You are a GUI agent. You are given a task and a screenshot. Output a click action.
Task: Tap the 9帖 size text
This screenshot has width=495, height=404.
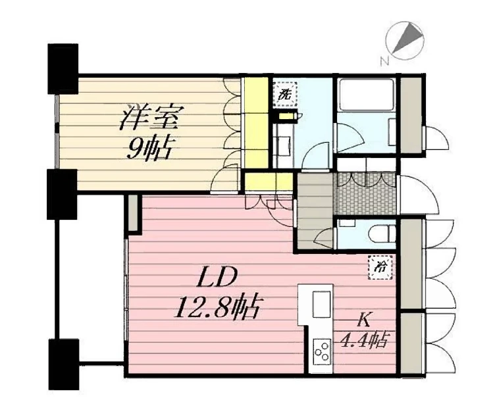click(148, 147)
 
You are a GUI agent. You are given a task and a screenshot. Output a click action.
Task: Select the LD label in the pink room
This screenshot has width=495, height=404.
click(217, 277)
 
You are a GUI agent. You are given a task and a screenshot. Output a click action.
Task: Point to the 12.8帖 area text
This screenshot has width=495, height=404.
click(217, 306)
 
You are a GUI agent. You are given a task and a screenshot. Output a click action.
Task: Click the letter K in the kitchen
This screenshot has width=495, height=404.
click(363, 320)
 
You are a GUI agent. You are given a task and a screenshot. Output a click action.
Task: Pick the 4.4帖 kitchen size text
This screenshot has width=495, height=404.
click(364, 340)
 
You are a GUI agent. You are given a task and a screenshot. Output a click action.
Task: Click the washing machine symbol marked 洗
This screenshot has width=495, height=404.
click(285, 94)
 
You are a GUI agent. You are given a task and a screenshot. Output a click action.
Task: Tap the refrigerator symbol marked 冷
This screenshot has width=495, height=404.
click(380, 267)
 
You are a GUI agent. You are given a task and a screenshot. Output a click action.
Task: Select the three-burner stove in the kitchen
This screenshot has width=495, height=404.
click(322, 352)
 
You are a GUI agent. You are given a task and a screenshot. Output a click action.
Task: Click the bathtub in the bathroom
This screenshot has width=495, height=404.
click(365, 93)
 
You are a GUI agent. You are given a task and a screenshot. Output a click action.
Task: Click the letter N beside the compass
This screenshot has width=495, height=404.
click(384, 61)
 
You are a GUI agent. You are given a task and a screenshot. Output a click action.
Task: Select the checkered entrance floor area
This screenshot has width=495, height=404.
click(365, 193)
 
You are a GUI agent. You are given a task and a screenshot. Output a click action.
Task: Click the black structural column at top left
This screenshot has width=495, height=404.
click(63, 68)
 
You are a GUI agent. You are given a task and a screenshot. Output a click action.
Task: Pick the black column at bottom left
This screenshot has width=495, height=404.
click(63, 365)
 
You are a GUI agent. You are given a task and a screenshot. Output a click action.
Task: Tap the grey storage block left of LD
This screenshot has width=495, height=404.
click(133, 213)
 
